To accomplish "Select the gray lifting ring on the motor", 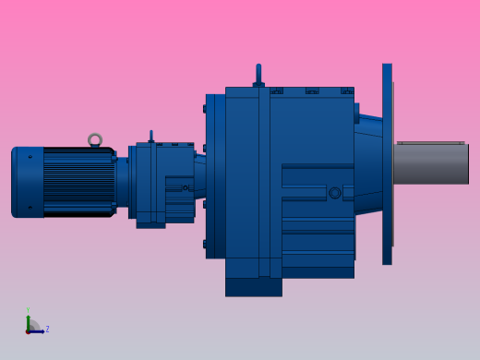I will pyautogui.click(x=95, y=140).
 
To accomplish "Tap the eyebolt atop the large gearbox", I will pyautogui.click(x=258, y=75).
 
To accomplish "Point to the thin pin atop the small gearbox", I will pyautogui.click(x=151, y=136).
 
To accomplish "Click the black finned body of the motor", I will pyautogui.click(x=78, y=182).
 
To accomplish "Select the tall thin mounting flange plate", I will pyautogui.click(x=387, y=163).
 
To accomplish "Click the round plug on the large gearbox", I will pyautogui.click(x=335, y=193).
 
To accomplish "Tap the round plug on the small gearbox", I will pyautogui.click(x=186, y=188).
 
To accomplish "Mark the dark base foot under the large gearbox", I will pyautogui.click(x=253, y=287).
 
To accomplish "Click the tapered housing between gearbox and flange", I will pyautogui.click(x=367, y=162).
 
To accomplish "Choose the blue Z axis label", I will pyautogui.click(x=47, y=329).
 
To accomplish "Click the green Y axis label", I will pyautogui.click(x=28, y=310).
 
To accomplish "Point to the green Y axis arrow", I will pyautogui.click(x=28, y=320).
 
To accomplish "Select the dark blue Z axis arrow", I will pyautogui.click(x=37, y=330).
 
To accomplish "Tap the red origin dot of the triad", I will pyautogui.click(x=28, y=330).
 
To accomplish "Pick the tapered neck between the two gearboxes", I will pyautogui.click(x=199, y=175).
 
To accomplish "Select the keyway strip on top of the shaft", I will pyautogui.click(x=430, y=142).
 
